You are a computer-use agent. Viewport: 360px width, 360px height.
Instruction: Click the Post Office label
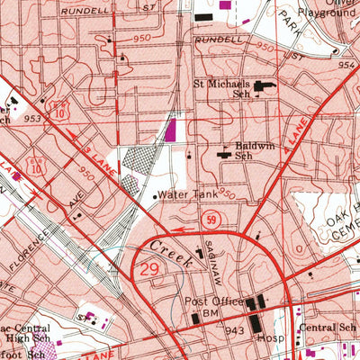pyautogui.click(x=214, y=301)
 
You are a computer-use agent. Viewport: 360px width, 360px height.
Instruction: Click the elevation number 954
pyautogui.click(x=348, y=65)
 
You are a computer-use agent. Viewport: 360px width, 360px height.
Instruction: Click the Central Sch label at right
pyautogui.click(x=328, y=329)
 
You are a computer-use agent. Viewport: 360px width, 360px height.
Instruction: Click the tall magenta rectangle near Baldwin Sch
pyautogui.click(x=170, y=130)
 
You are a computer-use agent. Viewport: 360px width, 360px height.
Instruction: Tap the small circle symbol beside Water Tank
pyautogui.click(x=155, y=195)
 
